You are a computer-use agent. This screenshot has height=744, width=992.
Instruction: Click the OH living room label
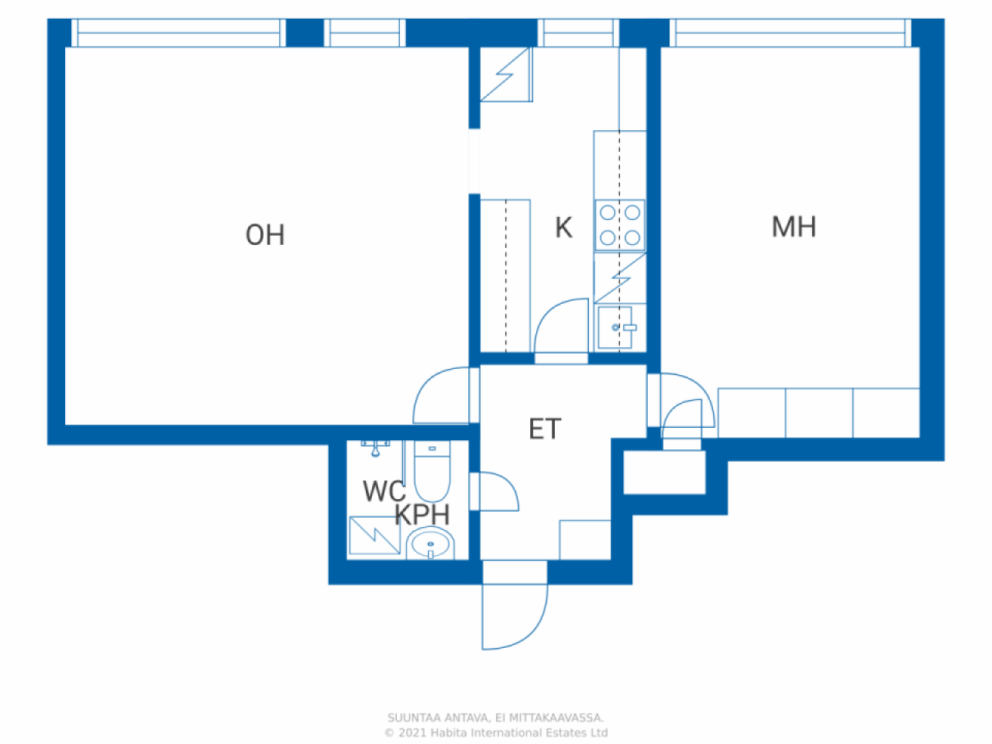[265, 235]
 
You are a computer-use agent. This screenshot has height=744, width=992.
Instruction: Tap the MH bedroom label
[794, 226]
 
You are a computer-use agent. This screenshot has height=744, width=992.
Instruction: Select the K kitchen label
[563, 227]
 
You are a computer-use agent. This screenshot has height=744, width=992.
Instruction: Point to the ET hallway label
[545, 429]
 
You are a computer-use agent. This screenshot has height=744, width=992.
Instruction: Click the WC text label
[384, 491]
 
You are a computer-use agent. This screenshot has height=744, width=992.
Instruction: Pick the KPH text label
[422, 514]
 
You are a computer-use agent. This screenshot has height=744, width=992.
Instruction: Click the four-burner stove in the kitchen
[619, 225]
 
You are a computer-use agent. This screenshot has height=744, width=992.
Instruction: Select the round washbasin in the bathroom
[430, 543]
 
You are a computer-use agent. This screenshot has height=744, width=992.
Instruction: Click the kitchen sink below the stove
[615, 328]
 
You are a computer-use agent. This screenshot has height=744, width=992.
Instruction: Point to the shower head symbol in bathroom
[375, 449]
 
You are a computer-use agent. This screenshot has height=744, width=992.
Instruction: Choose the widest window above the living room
[178, 33]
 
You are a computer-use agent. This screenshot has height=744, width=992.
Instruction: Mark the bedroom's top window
[790, 33]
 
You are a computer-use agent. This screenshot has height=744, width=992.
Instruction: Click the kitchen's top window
[578, 33]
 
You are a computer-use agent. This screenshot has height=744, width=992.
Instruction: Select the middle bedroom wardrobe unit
[819, 413]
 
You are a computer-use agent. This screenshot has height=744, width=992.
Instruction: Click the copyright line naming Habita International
[496, 732]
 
